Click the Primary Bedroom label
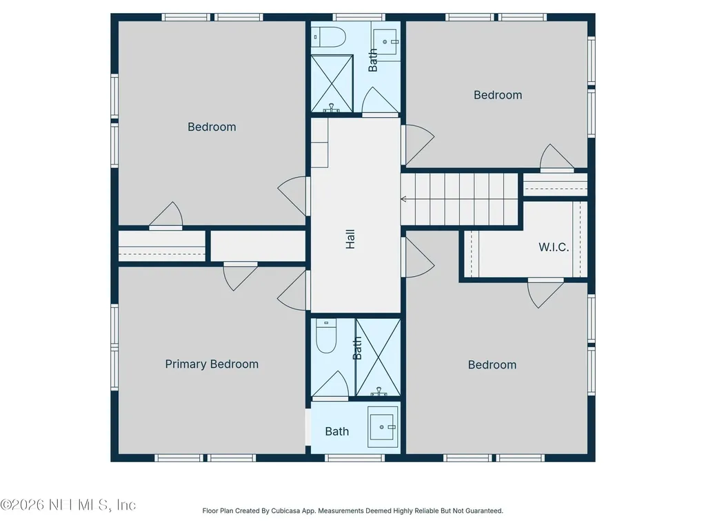[x=212, y=364]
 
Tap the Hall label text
[x=350, y=239]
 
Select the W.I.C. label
[x=554, y=247]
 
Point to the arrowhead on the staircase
[x=403, y=199]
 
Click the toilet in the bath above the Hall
[x=329, y=37]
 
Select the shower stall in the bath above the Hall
[x=332, y=83]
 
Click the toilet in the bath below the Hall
[x=326, y=336]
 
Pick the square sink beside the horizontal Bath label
[x=383, y=427]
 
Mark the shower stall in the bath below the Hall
[x=379, y=357]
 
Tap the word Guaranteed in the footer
[x=485, y=511]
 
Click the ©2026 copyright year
[x=22, y=505]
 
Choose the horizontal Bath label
[x=336, y=431]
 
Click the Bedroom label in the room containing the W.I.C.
[x=492, y=365]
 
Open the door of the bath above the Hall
[x=380, y=102]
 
